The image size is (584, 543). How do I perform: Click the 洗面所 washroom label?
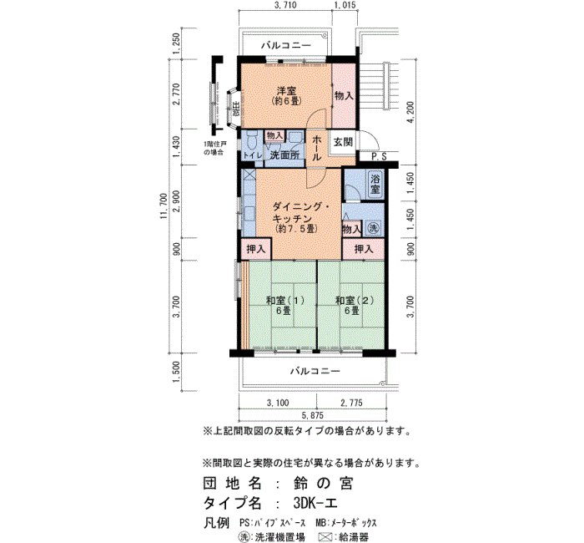284,155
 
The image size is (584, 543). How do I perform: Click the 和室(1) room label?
279,301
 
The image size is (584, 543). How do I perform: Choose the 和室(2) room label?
350,301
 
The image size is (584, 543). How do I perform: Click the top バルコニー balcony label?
285,45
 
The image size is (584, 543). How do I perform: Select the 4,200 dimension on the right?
409,113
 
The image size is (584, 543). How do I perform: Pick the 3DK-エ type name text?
320,504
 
